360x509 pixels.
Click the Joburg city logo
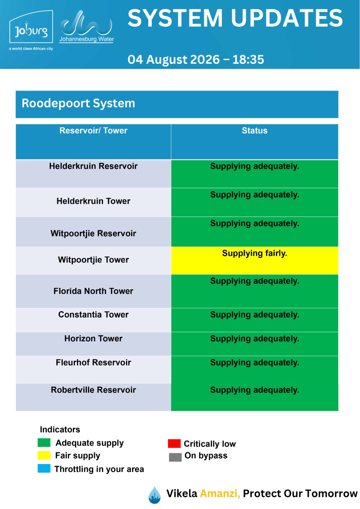(x=31, y=27)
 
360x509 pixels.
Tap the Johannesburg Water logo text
(x=87, y=39)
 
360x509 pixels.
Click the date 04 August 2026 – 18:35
(x=195, y=59)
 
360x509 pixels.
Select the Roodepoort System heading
(x=78, y=103)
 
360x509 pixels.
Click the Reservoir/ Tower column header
(x=93, y=131)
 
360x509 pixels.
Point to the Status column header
(x=254, y=131)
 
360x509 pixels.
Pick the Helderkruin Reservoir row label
(x=93, y=166)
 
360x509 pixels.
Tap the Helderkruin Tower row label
(x=93, y=201)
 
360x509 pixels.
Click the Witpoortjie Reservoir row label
(x=93, y=234)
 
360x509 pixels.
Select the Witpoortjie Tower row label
(x=93, y=260)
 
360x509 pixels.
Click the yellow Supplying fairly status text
(x=254, y=253)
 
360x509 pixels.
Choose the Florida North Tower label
(x=93, y=291)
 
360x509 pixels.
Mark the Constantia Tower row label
(x=93, y=315)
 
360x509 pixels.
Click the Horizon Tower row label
(x=93, y=338)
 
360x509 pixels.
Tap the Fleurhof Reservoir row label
(x=93, y=362)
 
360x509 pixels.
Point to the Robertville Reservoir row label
(x=93, y=390)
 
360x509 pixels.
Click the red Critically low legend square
(x=174, y=443)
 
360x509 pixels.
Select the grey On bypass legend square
(x=175, y=457)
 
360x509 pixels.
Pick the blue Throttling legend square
(x=44, y=468)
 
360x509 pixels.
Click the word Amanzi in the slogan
(x=220, y=493)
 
